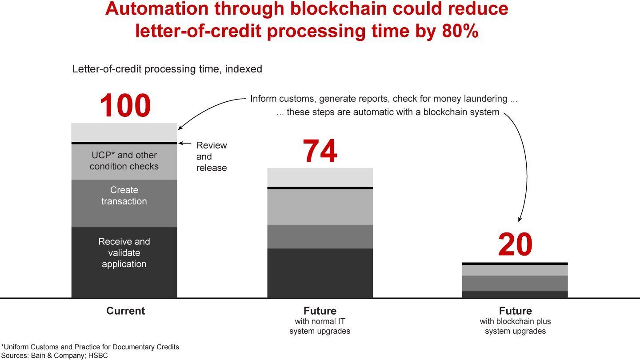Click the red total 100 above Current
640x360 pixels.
pos(125,106)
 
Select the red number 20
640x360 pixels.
pos(515,245)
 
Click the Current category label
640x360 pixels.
pos(125,311)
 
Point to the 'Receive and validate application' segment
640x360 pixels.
pos(124,262)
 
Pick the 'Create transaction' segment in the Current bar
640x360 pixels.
pos(124,203)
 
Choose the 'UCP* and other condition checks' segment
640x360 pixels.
pos(124,161)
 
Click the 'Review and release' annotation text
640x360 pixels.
pos(212,156)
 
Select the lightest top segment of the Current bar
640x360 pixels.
pos(124,132)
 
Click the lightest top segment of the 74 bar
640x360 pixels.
pos(320,177)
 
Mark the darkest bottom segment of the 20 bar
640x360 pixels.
pos(515,294)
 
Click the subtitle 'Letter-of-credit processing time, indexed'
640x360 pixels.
pos(167,69)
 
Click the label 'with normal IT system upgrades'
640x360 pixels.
pos(320,326)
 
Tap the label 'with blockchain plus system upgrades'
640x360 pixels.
pos(515,326)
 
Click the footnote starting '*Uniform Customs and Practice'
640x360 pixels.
pos(90,347)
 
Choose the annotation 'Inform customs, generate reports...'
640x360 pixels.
pos(384,99)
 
